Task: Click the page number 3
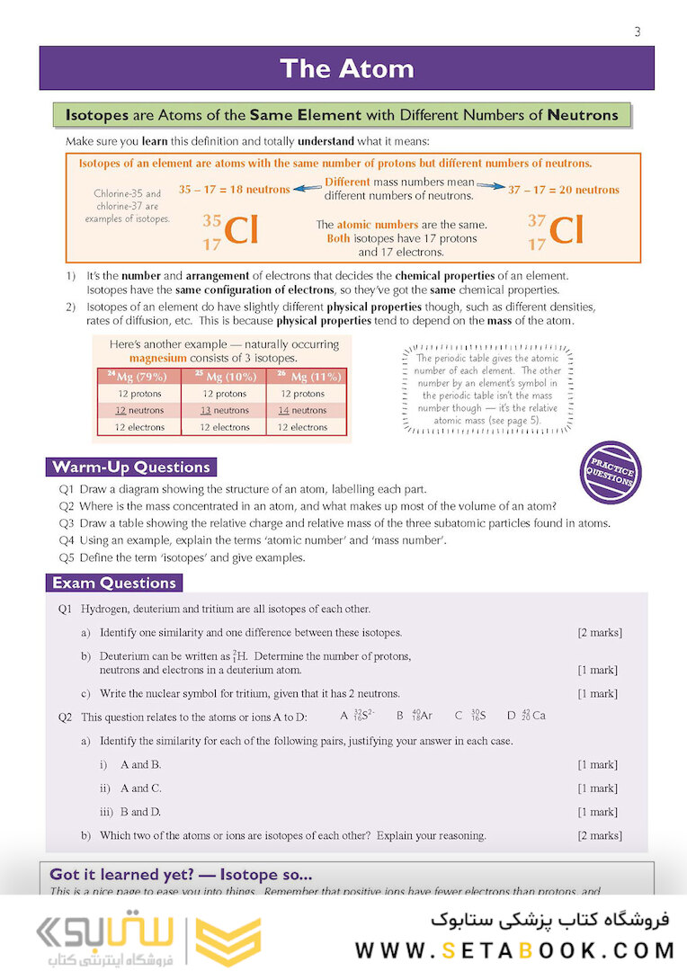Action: coord(637,32)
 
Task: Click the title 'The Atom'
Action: coord(346,68)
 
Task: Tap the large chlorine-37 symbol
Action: coord(556,231)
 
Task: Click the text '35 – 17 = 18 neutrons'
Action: coord(234,190)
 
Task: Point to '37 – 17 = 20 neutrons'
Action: coord(564,190)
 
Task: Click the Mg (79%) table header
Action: coord(138,377)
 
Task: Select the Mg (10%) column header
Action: coord(224,377)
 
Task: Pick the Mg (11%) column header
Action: coord(308,377)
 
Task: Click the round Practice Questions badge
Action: coord(611,472)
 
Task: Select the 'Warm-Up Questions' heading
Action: coord(131,467)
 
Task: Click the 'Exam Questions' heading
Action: coord(114,583)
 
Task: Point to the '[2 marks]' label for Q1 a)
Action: coord(599,633)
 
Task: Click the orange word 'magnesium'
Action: coord(157,357)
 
